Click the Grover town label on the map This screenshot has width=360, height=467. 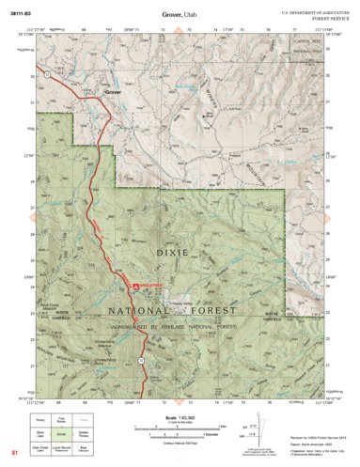coord(114,93)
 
